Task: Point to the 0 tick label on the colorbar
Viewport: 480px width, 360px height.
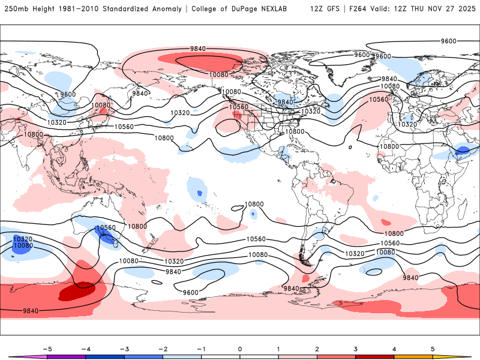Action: tap(239, 349)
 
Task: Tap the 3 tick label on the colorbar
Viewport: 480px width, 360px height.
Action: tap(355, 349)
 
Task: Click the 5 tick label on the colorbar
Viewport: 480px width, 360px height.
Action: tap(433, 349)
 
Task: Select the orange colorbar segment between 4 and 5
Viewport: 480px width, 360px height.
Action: tap(413, 357)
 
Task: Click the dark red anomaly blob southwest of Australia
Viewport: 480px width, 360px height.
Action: tap(76, 292)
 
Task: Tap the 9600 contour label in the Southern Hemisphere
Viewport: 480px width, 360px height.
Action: tap(190, 292)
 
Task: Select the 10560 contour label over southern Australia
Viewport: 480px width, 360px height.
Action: tap(106, 228)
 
